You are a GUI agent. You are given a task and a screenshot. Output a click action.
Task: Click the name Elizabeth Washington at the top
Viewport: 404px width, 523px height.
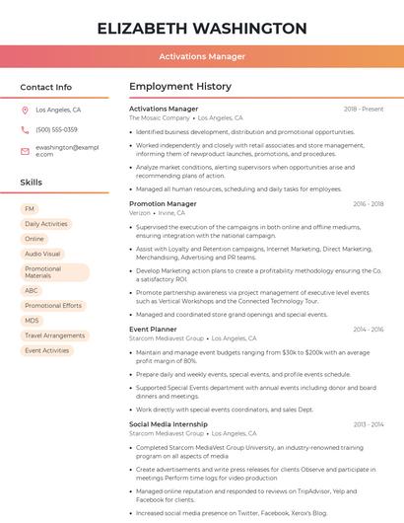tap(202, 28)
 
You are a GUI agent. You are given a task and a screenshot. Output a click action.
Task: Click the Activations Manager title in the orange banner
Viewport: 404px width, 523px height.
tap(202, 56)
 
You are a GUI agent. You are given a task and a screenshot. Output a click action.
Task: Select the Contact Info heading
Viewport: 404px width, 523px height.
tap(46, 87)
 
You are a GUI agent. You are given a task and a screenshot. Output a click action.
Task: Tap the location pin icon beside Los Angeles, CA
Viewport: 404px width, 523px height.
tap(25, 111)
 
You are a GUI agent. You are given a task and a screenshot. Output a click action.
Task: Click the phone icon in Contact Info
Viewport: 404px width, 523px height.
tap(25, 130)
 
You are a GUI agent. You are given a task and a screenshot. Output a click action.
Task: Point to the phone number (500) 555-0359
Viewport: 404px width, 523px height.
tap(56, 130)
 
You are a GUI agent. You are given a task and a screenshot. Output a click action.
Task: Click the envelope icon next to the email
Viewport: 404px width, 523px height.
tap(25, 150)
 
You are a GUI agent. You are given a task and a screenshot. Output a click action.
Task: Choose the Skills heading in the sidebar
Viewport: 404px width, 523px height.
tap(32, 183)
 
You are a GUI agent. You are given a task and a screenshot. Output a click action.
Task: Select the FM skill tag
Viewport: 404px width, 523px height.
tap(30, 209)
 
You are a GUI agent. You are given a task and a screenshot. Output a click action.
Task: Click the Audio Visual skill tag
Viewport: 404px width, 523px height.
tap(42, 254)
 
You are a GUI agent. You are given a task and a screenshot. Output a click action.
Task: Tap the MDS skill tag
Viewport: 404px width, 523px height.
tap(33, 321)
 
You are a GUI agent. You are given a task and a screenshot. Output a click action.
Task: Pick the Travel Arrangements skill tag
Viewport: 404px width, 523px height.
tap(54, 336)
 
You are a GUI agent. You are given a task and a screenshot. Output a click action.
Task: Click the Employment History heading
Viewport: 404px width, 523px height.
tap(180, 87)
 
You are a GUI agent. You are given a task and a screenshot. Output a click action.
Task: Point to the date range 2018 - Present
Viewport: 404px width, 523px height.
tap(364, 109)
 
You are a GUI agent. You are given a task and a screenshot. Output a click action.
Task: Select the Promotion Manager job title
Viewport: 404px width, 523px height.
tap(163, 203)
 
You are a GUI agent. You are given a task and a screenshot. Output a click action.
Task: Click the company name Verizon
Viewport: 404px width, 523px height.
tap(140, 213)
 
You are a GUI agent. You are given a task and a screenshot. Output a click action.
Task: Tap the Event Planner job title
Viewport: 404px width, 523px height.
tap(153, 329)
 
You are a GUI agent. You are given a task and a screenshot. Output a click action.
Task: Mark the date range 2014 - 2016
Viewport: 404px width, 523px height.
tap(368, 329)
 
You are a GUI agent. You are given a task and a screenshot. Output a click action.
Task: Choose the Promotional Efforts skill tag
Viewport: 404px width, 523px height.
tap(53, 306)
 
